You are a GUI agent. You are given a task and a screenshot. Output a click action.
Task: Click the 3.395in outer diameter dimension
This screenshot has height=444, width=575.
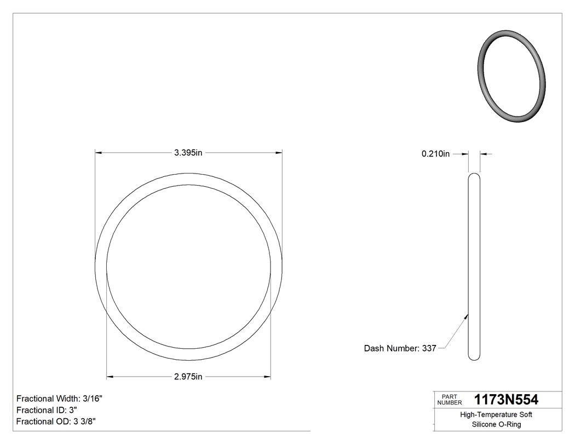pos(188,153)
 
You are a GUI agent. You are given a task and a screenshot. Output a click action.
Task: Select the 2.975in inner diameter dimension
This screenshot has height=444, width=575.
pos(188,377)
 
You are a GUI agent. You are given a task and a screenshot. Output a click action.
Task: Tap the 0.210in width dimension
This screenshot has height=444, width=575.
pos(435,154)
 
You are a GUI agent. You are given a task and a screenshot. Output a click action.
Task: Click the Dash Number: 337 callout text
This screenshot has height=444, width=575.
pos(400,348)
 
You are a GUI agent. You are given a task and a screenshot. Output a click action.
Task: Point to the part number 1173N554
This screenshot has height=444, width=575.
pos(506,399)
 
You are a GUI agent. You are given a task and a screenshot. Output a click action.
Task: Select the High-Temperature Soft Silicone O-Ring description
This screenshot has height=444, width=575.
pos(496,419)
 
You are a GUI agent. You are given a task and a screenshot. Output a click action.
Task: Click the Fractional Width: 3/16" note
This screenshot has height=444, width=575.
pos(59,399)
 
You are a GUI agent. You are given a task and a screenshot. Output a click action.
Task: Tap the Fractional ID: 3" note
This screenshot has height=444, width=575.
pos(47,410)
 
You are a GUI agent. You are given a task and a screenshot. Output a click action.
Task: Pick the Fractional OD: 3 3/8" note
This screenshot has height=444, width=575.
pos(57,422)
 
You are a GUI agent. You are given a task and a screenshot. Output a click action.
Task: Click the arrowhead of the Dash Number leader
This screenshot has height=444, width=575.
pos(467,315)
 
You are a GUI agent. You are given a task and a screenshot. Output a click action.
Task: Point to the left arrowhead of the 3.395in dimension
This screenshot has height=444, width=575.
pos(98,153)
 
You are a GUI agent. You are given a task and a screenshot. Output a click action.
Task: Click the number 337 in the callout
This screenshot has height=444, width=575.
pos(429,348)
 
